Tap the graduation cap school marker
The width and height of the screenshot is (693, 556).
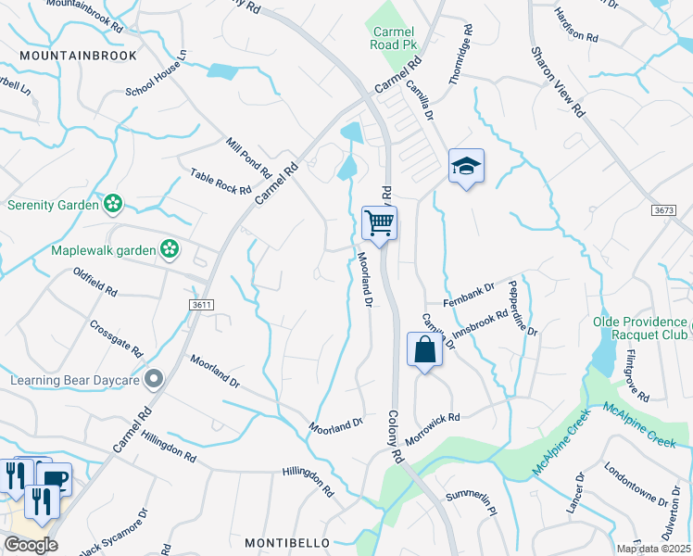[x=466, y=167]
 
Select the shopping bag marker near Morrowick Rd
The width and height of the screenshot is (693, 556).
[x=424, y=350]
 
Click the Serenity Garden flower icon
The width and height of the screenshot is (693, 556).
[x=112, y=203]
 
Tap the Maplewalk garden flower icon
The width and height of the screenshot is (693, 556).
[x=169, y=247]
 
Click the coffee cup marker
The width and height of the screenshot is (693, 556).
[x=56, y=478]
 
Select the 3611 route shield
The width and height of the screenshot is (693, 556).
[x=203, y=304]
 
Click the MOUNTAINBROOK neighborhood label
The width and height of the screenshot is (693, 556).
[x=78, y=56]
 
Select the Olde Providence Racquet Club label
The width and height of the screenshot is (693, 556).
[x=639, y=329]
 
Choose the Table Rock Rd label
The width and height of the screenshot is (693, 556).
[x=220, y=182]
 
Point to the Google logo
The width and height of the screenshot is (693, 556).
[x=31, y=545]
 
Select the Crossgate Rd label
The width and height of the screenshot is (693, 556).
[x=116, y=339]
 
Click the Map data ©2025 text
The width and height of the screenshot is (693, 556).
[x=653, y=549]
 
